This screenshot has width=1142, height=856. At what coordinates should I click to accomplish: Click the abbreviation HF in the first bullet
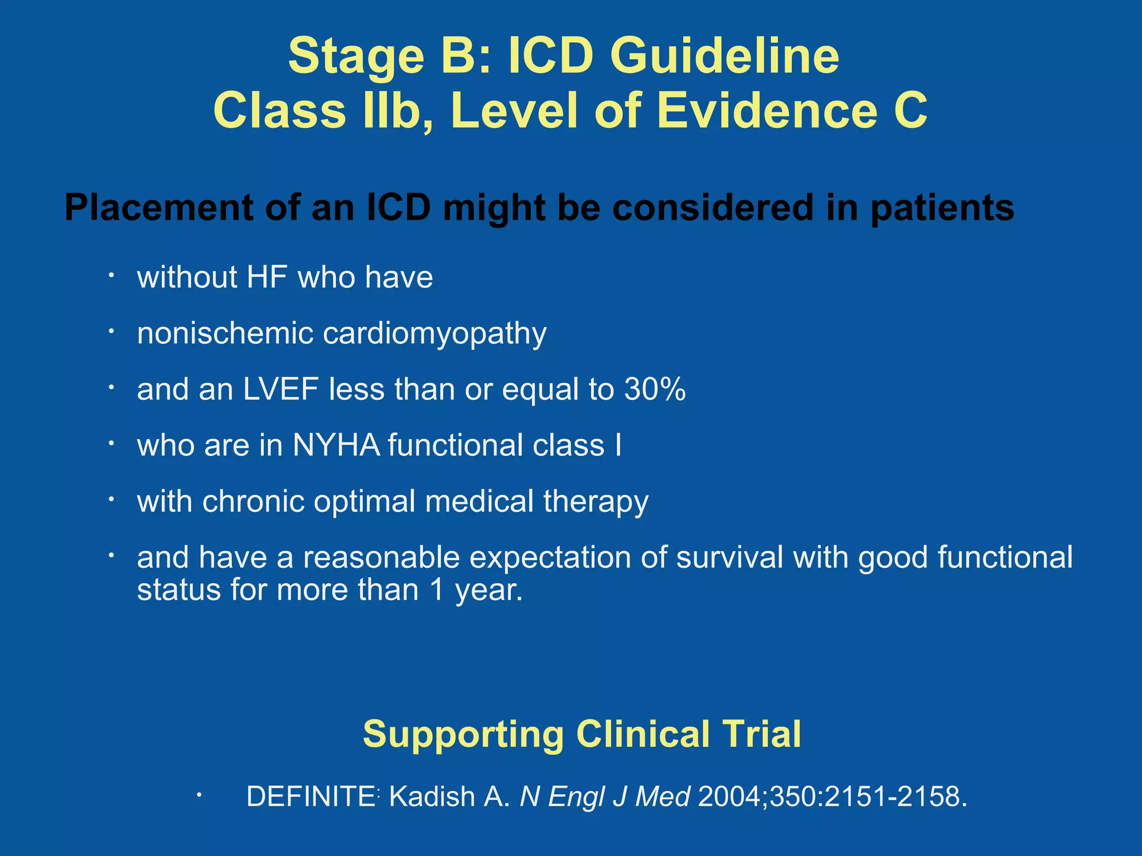click(267, 277)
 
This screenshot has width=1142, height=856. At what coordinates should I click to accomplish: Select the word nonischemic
click(225, 333)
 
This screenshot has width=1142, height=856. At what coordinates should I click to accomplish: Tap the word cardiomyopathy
click(434, 333)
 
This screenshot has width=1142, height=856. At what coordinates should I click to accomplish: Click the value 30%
click(655, 389)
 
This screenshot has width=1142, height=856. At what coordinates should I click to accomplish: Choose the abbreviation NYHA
click(336, 445)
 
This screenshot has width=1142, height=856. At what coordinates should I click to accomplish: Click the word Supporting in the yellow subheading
click(463, 733)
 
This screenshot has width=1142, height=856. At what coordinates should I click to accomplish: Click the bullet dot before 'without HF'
click(112, 275)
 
